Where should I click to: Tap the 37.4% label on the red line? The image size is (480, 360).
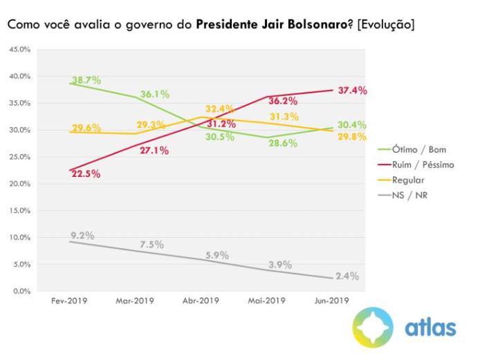pos(352,91)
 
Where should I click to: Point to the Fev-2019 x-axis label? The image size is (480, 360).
pos(70,301)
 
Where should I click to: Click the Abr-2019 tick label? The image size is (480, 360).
pos(201,301)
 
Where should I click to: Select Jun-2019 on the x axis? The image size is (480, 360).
pos(332,301)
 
